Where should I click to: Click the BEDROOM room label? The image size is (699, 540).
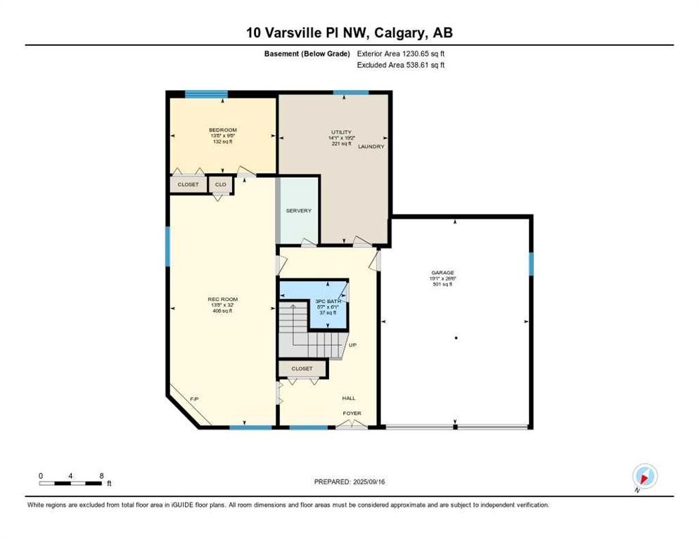[x=222, y=130]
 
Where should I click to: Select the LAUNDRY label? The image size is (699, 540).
[x=371, y=146]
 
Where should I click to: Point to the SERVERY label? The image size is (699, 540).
[x=298, y=211]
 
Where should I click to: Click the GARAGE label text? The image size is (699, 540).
[x=443, y=272]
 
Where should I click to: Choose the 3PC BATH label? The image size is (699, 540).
[x=327, y=301]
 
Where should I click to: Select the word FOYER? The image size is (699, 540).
[x=352, y=413]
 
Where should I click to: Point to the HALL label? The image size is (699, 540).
[x=348, y=398]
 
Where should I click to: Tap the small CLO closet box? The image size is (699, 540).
[x=220, y=184]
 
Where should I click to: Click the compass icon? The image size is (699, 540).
[x=644, y=477]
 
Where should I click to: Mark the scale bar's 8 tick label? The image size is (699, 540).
[x=102, y=475]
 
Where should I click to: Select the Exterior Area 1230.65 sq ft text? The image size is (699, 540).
[x=402, y=53]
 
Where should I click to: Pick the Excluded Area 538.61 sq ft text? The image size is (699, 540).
[x=402, y=65]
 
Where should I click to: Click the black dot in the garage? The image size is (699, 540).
[x=456, y=338]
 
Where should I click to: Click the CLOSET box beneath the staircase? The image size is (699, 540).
[x=302, y=368]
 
